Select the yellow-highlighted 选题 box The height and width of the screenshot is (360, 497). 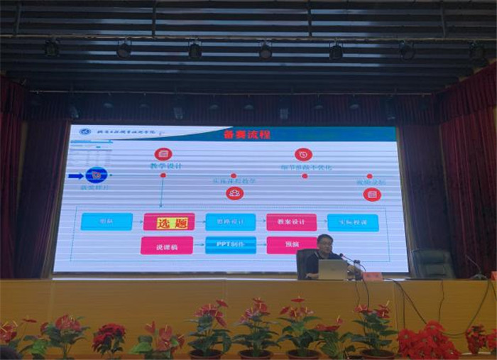[x=169, y=222]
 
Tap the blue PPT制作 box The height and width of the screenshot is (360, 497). [x=230, y=245]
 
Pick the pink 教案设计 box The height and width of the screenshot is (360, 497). [x=291, y=222]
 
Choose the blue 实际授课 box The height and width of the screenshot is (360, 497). [x=353, y=222]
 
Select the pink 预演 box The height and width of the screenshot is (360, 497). [x=291, y=246]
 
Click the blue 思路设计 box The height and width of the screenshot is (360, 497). [x=230, y=222]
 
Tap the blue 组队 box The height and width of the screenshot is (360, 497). [x=106, y=222]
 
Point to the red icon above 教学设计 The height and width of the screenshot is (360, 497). [x=163, y=153]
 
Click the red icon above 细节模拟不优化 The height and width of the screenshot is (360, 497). [x=303, y=154]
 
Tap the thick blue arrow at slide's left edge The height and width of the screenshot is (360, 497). [x=75, y=175]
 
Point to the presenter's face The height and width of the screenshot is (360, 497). [x=325, y=245]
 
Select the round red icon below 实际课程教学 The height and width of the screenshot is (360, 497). [x=234, y=193]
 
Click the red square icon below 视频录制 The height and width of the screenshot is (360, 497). [x=369, y=194]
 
